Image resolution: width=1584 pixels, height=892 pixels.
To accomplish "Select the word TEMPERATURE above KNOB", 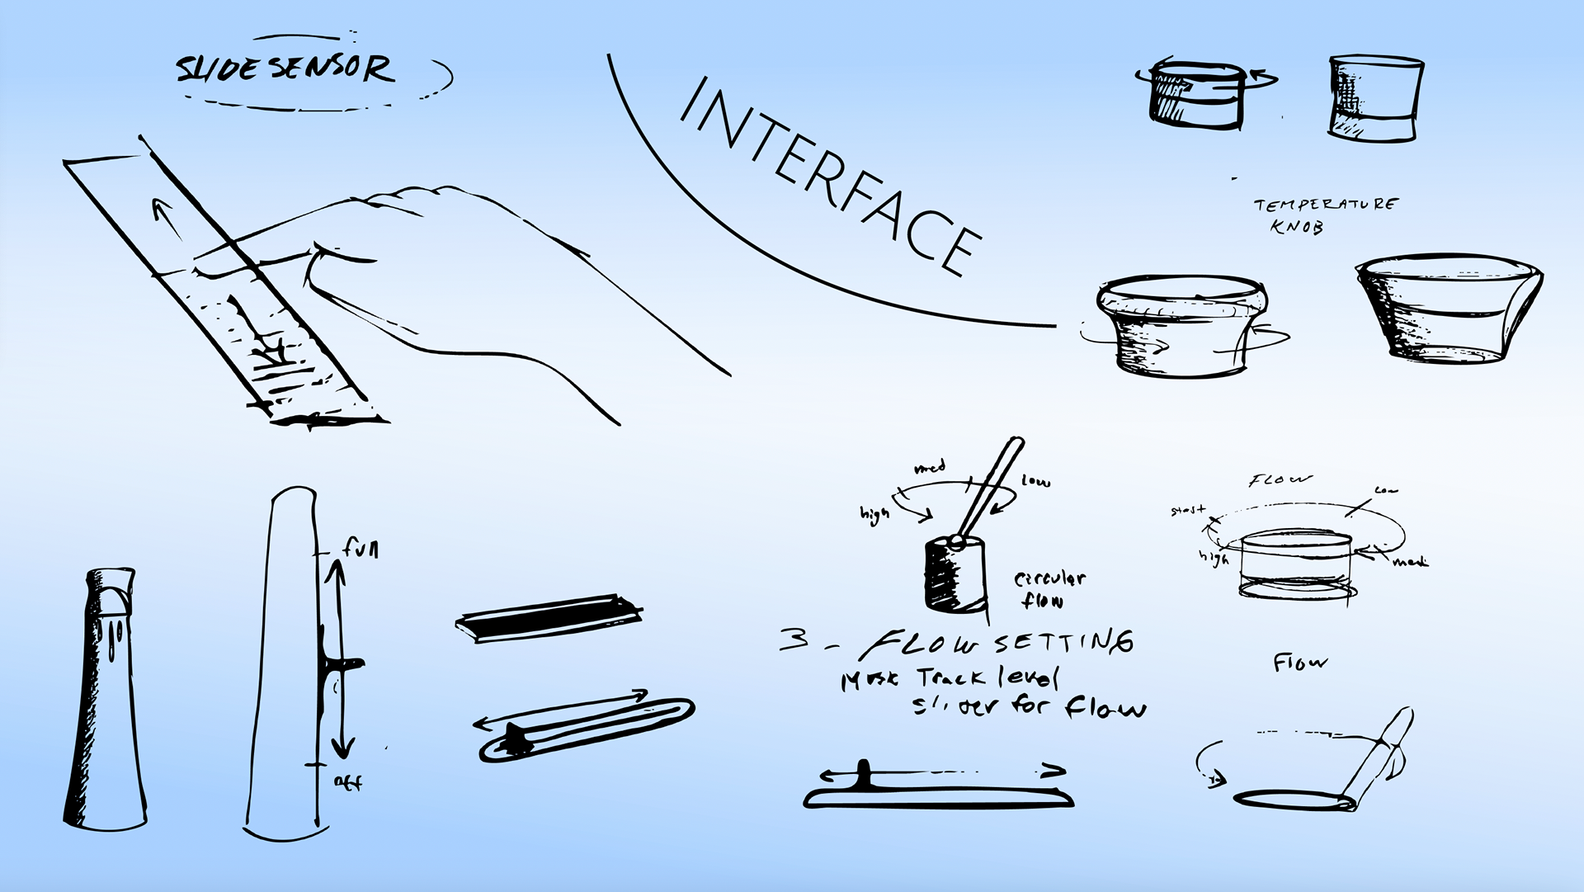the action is click(1325, 204).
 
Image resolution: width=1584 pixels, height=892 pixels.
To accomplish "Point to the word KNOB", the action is click(1296, 226).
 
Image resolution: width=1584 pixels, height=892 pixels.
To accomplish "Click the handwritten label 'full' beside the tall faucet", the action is click(361, 547).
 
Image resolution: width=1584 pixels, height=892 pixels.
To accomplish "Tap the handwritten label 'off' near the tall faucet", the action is click(347, 781).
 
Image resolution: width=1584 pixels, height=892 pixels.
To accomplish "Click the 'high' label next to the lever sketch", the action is click(874, 515).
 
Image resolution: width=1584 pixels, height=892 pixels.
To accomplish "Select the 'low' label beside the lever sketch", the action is click(1035, 480).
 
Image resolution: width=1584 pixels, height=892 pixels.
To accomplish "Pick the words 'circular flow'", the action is click(1048, 589).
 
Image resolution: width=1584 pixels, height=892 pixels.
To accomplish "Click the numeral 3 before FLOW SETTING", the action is click(794, 639).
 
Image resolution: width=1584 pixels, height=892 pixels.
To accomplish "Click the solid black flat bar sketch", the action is click(548, 618).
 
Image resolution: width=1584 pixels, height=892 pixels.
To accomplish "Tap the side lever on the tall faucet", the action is click(345, 663).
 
